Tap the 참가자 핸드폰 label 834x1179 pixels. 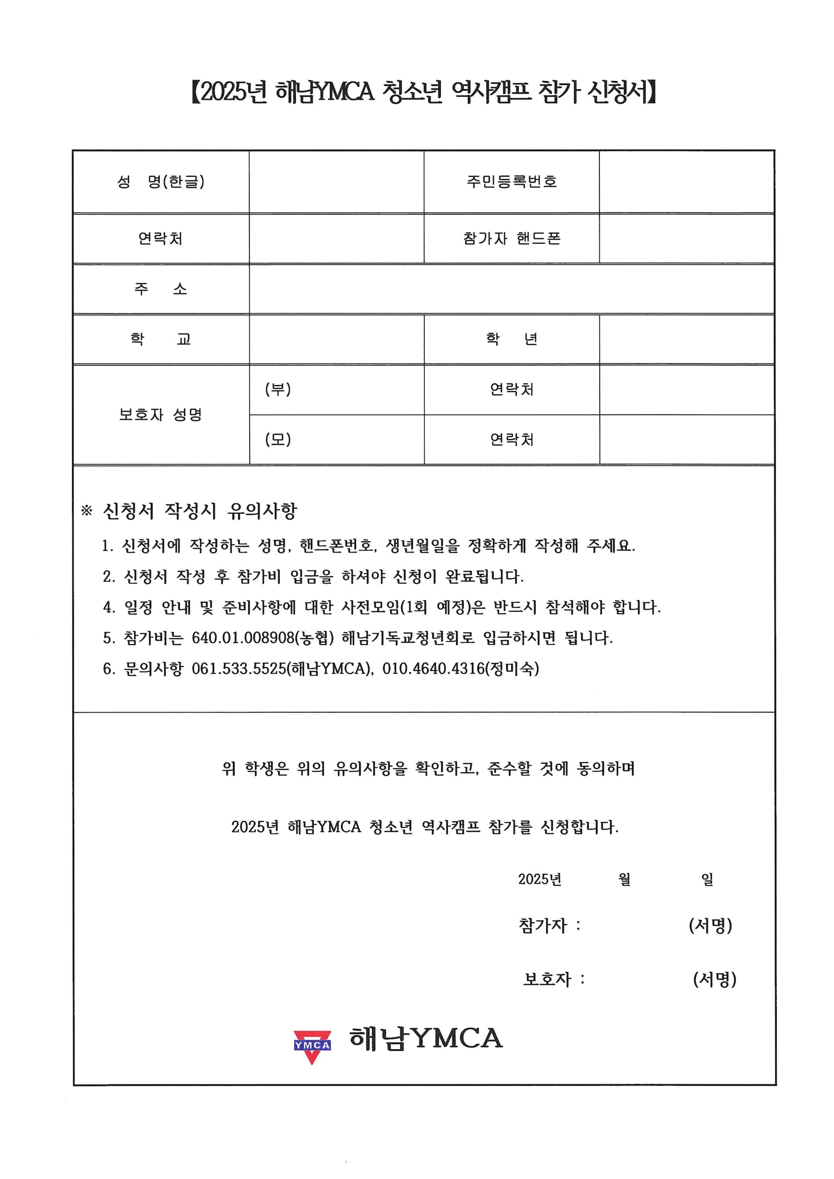[511, 238]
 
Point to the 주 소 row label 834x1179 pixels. [161, 288]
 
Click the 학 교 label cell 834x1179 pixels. [161, 339]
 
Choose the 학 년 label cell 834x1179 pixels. [511, 339]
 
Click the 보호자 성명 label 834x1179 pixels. [161, 415]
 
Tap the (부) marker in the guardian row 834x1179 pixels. [278, 389]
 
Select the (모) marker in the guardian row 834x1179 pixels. [278, 439]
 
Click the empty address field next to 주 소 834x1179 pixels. [511, 288]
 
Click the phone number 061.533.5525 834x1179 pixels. [239, 669]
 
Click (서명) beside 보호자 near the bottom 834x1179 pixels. [714, 979]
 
